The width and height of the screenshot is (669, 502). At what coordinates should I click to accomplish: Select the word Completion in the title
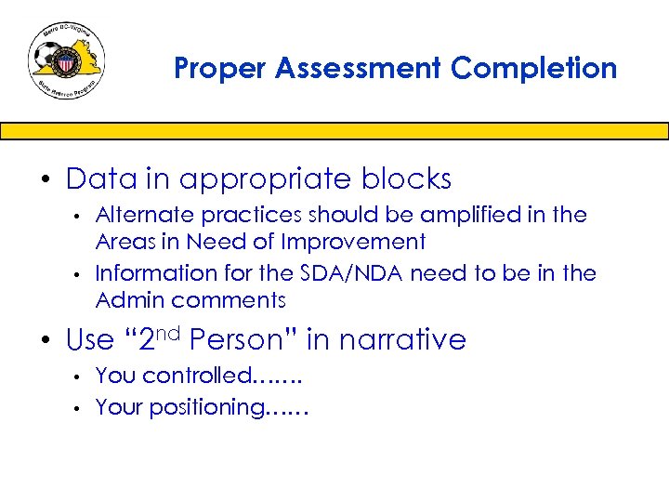[x=535, y=69]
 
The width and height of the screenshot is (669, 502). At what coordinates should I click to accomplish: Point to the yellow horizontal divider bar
[x=334, y=131]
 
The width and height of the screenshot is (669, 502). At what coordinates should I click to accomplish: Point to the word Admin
[x=129, y=300]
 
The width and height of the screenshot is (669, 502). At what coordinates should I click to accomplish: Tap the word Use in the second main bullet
[x=90, y=340]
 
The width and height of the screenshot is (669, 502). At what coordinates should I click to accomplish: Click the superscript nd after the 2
[x=170, y=332]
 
